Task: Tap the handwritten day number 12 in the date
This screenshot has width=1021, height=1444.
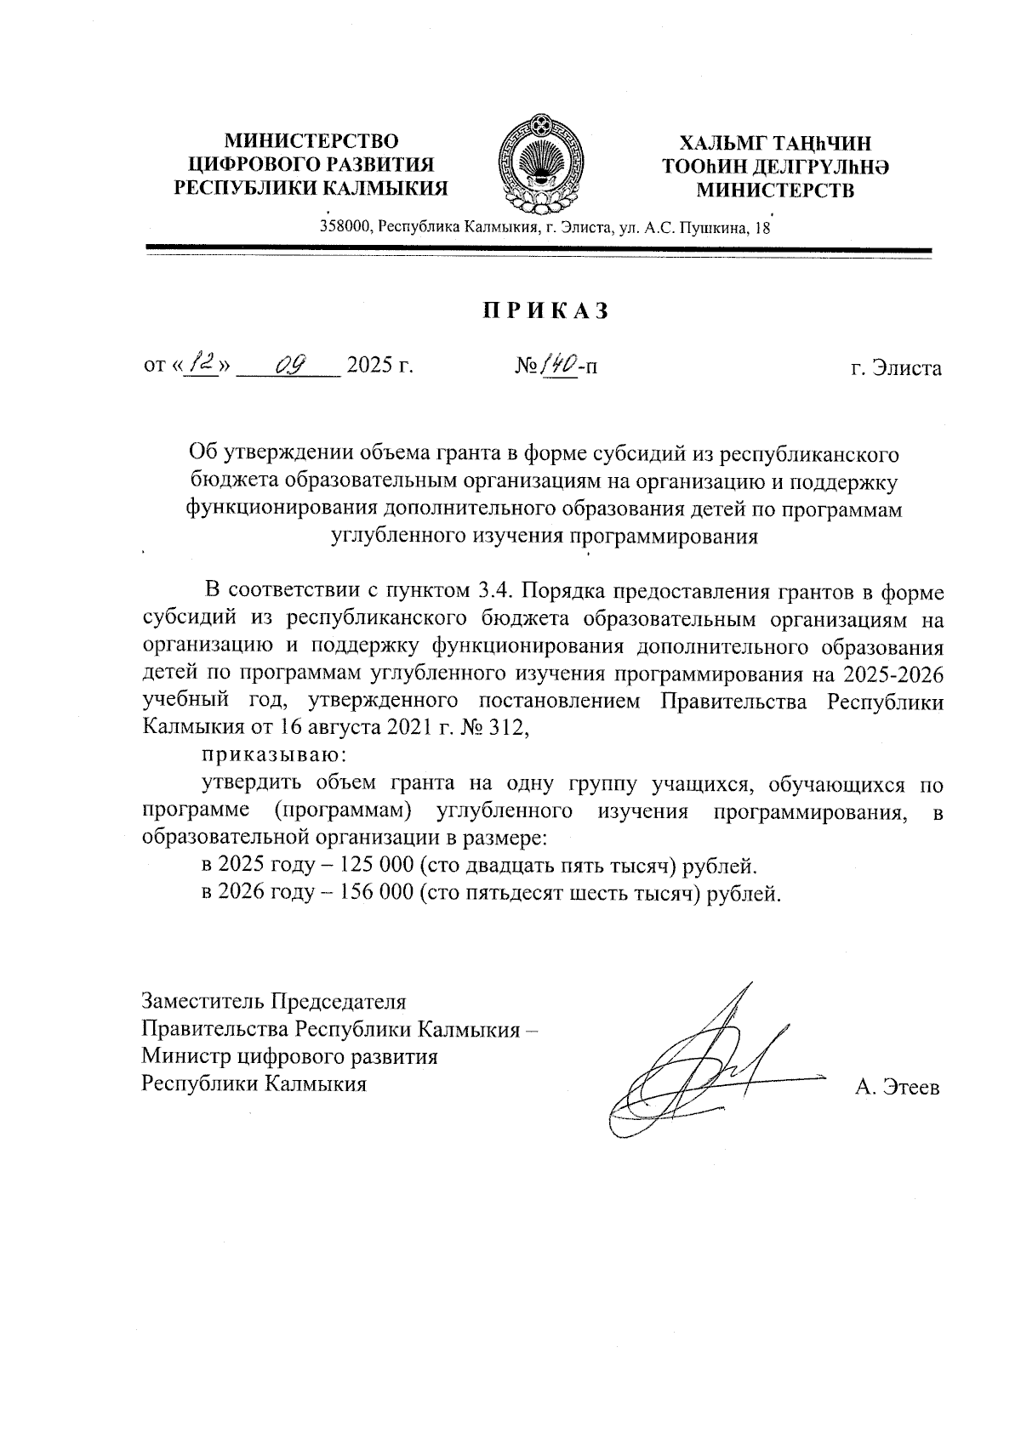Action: [202, 365]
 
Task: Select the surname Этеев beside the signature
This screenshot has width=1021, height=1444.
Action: [910, 1088]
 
